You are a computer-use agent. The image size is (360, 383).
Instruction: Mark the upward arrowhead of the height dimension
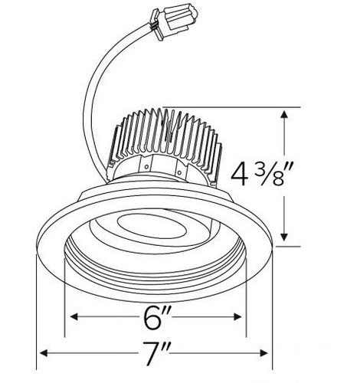286,115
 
